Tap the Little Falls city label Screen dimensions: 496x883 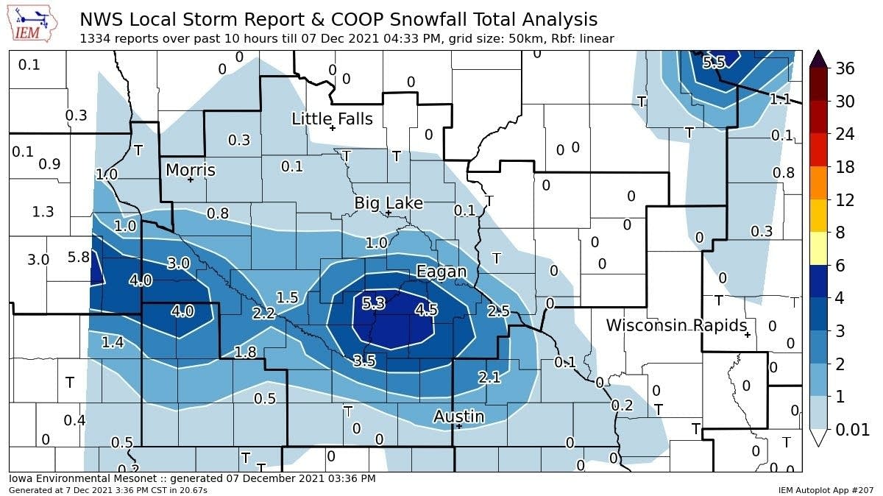(x=332, y=118)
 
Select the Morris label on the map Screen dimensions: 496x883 (x=191, y=170)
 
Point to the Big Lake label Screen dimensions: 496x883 (x=389, y=202)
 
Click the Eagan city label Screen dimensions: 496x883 (x=441, y=272)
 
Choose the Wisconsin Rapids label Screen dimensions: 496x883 (x=676, y=325)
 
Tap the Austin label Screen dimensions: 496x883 (x=458, y=417)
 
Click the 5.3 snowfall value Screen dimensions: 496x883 (x=374, y=303)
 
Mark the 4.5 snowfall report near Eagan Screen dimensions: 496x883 (x=426, y=310)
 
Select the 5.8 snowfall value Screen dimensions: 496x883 (x=78, y=258)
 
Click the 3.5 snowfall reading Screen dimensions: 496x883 (x=364, y=361)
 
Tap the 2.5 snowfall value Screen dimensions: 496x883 (x=498, y=311)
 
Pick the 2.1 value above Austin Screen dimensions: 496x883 (x=489, y=378)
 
